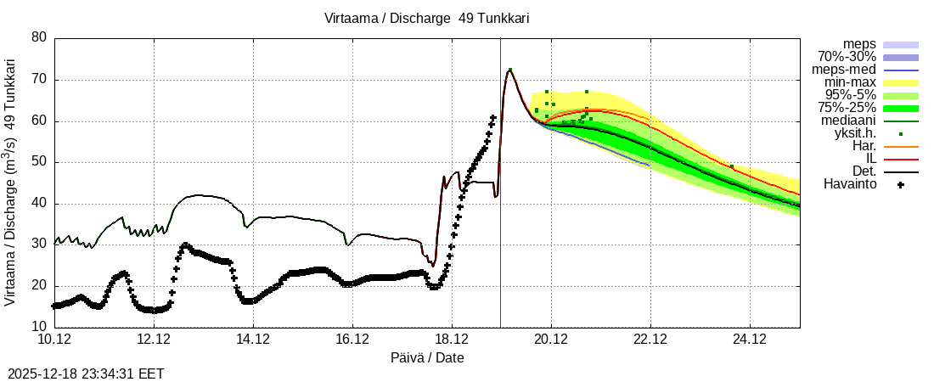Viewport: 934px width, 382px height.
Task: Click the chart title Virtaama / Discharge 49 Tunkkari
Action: coord(426,18)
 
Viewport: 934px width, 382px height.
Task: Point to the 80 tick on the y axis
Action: coord(39,38)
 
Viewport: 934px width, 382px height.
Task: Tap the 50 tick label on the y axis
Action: coord(39,162)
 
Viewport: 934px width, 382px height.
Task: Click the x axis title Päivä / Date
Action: coord(427,358)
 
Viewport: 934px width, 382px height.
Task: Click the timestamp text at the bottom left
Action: coord(86,373)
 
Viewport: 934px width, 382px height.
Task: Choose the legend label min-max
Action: coord(850,82)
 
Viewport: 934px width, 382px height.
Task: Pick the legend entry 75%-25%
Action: coord(847,108)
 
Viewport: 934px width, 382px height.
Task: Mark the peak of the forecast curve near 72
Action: coord(509,70)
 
